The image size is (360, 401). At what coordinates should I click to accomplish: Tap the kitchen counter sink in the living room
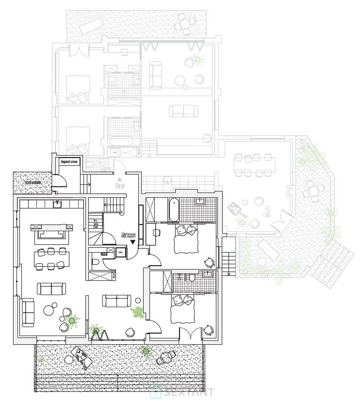[x=57, y=205]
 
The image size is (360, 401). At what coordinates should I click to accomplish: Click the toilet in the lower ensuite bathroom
[x=192, y=278]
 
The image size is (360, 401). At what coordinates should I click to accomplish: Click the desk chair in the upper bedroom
[x=157, y=233]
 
